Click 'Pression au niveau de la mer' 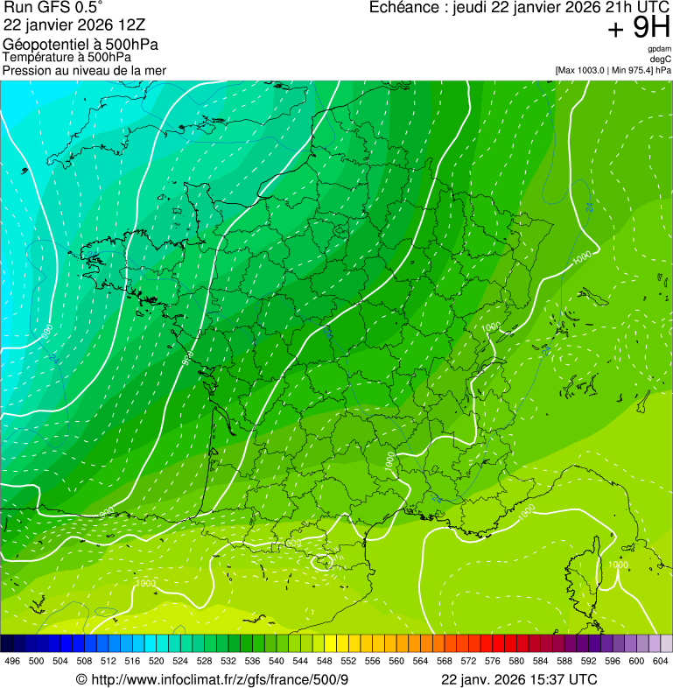click(x=84, y=70)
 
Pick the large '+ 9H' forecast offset click(x=639, y=29)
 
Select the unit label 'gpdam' click(x=660, y=49)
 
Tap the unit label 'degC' click(x=662, y=59)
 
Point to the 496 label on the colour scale click(x=12, y=661)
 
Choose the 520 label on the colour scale click(x=156, y=661)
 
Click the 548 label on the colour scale click(x=324, y=661)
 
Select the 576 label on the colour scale click(x=492, y=661)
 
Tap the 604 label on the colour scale click(x=660, y=661)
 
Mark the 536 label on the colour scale click(x=252, y=661)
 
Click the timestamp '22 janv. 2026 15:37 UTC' click(x=519, y=680)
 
